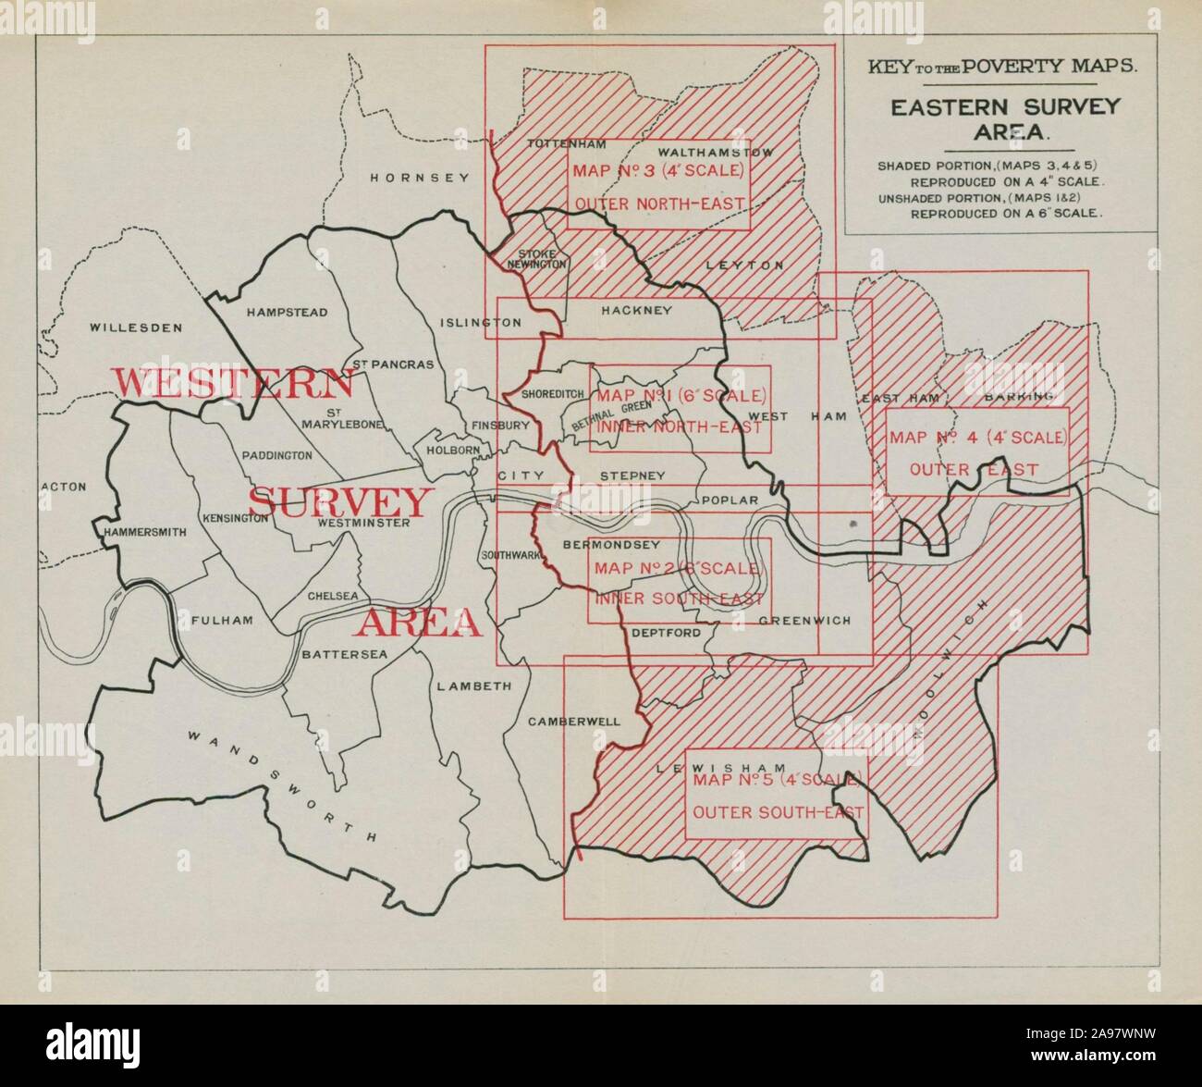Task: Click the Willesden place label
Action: click(x=137, y=327)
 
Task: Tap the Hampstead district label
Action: click(x=287, y=313)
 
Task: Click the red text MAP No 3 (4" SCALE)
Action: click(x=657, y=171)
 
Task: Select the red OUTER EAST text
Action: click(x=974, y=470)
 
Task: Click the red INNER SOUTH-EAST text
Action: click(x=680, y=599)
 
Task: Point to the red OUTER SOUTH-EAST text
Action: click(x=778, y=813)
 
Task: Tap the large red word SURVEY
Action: click(x=340, y=502)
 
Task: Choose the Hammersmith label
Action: click(x=145, y=532)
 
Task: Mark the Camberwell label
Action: click(x=574, y=722)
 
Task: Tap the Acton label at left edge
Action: click(x=64, y=487)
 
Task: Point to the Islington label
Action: click(x=481, y=323)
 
